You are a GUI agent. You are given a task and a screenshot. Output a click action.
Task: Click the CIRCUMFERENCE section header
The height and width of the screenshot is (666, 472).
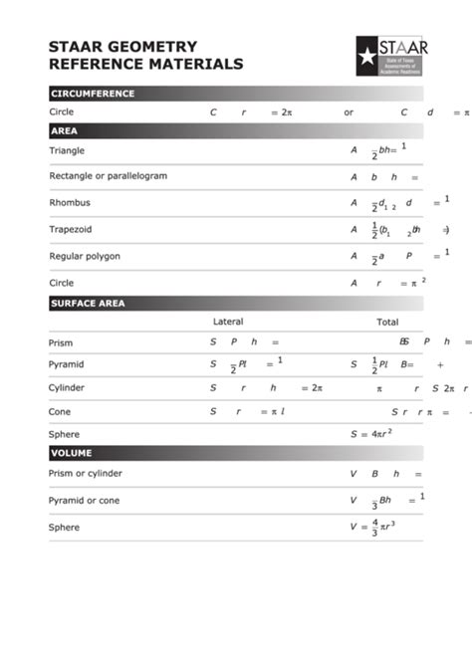click(x=93, y=94)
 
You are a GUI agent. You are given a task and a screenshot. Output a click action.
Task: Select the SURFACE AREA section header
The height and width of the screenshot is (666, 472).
click(x=88, y=304)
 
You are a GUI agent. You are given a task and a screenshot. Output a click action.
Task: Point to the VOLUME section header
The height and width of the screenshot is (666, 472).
click(x=71, y=453)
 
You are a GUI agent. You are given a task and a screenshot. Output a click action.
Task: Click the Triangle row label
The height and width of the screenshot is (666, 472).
click(x=67, y=150)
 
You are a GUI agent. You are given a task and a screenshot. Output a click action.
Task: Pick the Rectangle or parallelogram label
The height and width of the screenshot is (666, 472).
click(x=108, y=175)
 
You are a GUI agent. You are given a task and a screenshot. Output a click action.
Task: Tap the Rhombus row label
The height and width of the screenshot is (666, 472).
click(x=70, y=202)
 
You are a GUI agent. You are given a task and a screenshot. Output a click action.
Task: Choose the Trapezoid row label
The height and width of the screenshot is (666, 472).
click(x=71, y=229)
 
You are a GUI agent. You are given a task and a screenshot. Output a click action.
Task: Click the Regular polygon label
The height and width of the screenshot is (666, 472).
click(x=85, y=256)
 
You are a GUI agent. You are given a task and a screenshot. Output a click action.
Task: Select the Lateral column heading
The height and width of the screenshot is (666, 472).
click(x=228, y=322)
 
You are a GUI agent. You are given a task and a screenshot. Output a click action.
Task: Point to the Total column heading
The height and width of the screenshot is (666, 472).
click(x=387, y=322)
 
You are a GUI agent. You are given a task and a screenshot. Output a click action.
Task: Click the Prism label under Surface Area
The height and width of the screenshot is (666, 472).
click(x=61, y=342)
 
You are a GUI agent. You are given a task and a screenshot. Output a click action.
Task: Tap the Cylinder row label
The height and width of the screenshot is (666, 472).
click(x=67, y=387)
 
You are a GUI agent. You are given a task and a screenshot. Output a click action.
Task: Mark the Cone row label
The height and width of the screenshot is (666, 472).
click(x=60, y=411)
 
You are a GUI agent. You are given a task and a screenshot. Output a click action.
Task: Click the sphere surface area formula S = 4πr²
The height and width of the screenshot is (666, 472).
click(x=370, y=434)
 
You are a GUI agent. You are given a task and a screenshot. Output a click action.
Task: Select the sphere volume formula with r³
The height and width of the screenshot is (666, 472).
click(x=373, y=527)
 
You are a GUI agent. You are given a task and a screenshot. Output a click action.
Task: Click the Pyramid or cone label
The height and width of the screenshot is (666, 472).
click(x=85, y=500)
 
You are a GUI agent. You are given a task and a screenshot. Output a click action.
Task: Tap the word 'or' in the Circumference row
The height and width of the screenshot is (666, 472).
click(x=349, y=112)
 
